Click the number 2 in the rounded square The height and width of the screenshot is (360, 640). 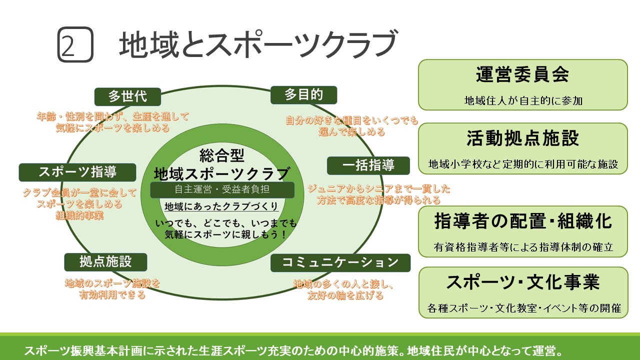pos(75,45)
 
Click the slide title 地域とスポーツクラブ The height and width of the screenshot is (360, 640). pos(257,44)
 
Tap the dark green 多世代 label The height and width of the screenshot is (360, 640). pos(127,96)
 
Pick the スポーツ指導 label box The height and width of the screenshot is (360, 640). pos(77,172)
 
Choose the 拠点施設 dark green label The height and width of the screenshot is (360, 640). pos(105,261)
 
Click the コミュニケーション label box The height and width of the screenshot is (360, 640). pos(340,262)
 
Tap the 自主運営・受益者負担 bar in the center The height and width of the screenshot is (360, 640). pos(222,189)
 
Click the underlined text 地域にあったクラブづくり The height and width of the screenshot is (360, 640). pos(221,206)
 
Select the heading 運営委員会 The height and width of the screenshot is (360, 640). pos(522,75)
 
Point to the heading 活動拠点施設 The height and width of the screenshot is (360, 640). pos(522,138)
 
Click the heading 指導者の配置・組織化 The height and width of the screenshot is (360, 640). pos(522,221)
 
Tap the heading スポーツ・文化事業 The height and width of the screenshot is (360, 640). pos(522,282)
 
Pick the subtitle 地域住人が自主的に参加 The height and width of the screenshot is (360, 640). pos(522,100)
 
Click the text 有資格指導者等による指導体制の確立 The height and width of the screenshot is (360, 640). pos(522,247)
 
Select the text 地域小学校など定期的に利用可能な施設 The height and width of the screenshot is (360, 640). pos(522,164)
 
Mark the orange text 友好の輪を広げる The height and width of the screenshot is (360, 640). pos(345,295)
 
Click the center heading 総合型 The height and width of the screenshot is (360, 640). pos(221,155)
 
